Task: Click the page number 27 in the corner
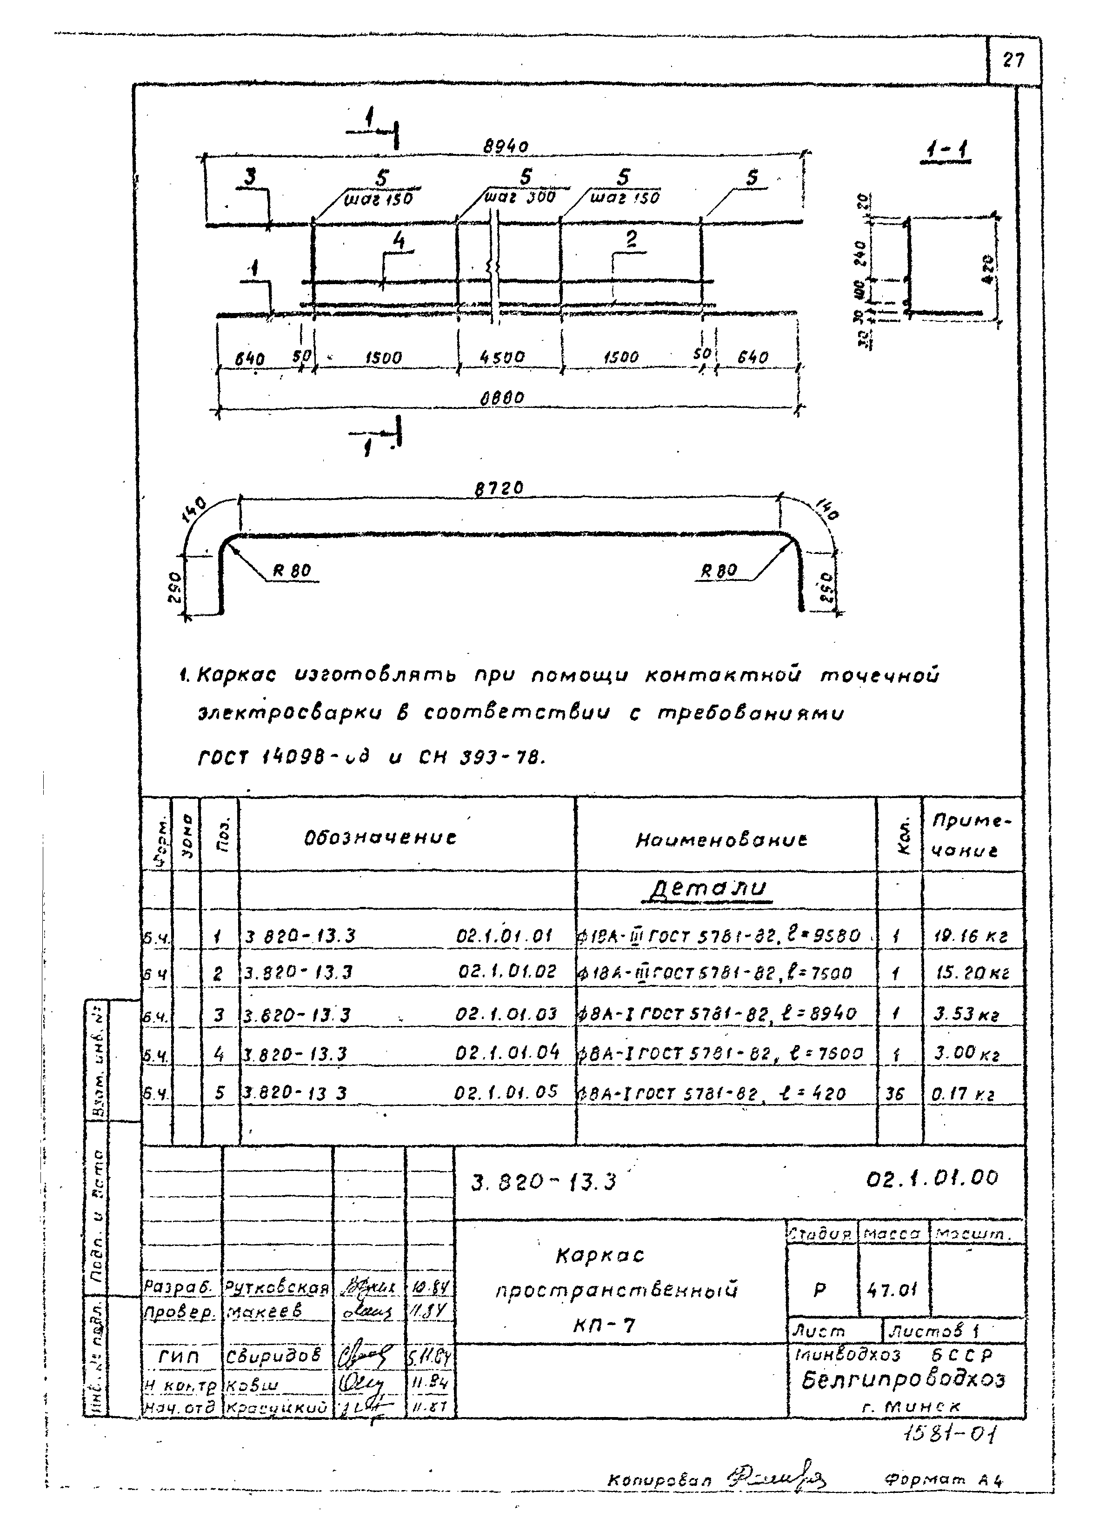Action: [1013, 61]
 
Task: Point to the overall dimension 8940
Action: [505, 146]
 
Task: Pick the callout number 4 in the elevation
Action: [399, 241]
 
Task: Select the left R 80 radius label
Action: [292, 570]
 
